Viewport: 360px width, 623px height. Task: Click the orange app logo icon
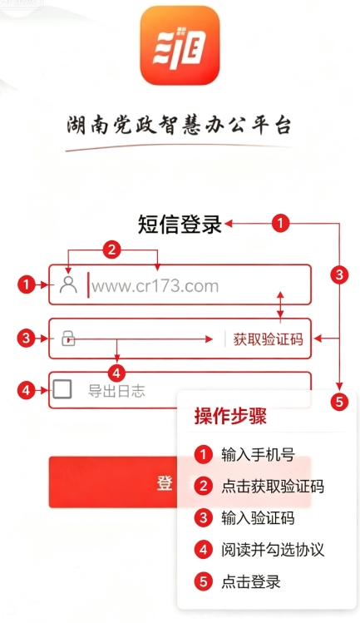pyautogui.click(x=180, y=45)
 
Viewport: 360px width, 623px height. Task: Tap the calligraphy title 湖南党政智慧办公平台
pyautogui.click(x=180, y=125)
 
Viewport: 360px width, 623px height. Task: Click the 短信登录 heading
pyautogui.click(x=180, y=224)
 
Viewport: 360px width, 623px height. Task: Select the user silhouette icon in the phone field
pyautogui.click(x=68, y=284)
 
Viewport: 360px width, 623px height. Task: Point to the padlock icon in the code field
pyautogui.click(x=68, y=339)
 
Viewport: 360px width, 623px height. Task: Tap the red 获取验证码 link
pyautogui.click(x=268, y=339)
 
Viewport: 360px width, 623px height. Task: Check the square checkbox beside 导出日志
pyautogui.click(x=62, y=389)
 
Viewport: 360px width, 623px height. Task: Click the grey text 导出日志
pyautogui.click(x=116, y=391)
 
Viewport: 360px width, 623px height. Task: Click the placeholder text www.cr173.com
pyautogui.click(x=155, y=286)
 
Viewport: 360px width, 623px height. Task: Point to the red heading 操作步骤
pyautogui.click(x=230, y=417)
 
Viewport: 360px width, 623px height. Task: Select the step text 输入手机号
pyautogui.click(x=258, y=454)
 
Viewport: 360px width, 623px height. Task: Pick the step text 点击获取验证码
pyautogui.click(x=273, y=487)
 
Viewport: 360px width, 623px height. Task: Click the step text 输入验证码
pyautogui.click(x=258, y=518)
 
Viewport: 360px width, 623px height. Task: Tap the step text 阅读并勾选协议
pyautogui.click(x=273, y=550)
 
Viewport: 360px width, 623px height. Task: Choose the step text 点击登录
pyautogui.click(x=251, y=581)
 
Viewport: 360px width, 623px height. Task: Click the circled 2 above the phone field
pyautogui.click(x=111, y=250)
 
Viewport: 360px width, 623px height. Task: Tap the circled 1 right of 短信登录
pyautogui.click(x=280, y=223)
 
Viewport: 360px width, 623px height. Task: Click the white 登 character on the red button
pyautogui.click(x=165, y=483)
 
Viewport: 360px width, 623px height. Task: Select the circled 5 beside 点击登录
pyautogui.click(x=204, y=581)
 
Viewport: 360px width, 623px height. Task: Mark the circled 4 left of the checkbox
pyautogui.click(x=27, y=390)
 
